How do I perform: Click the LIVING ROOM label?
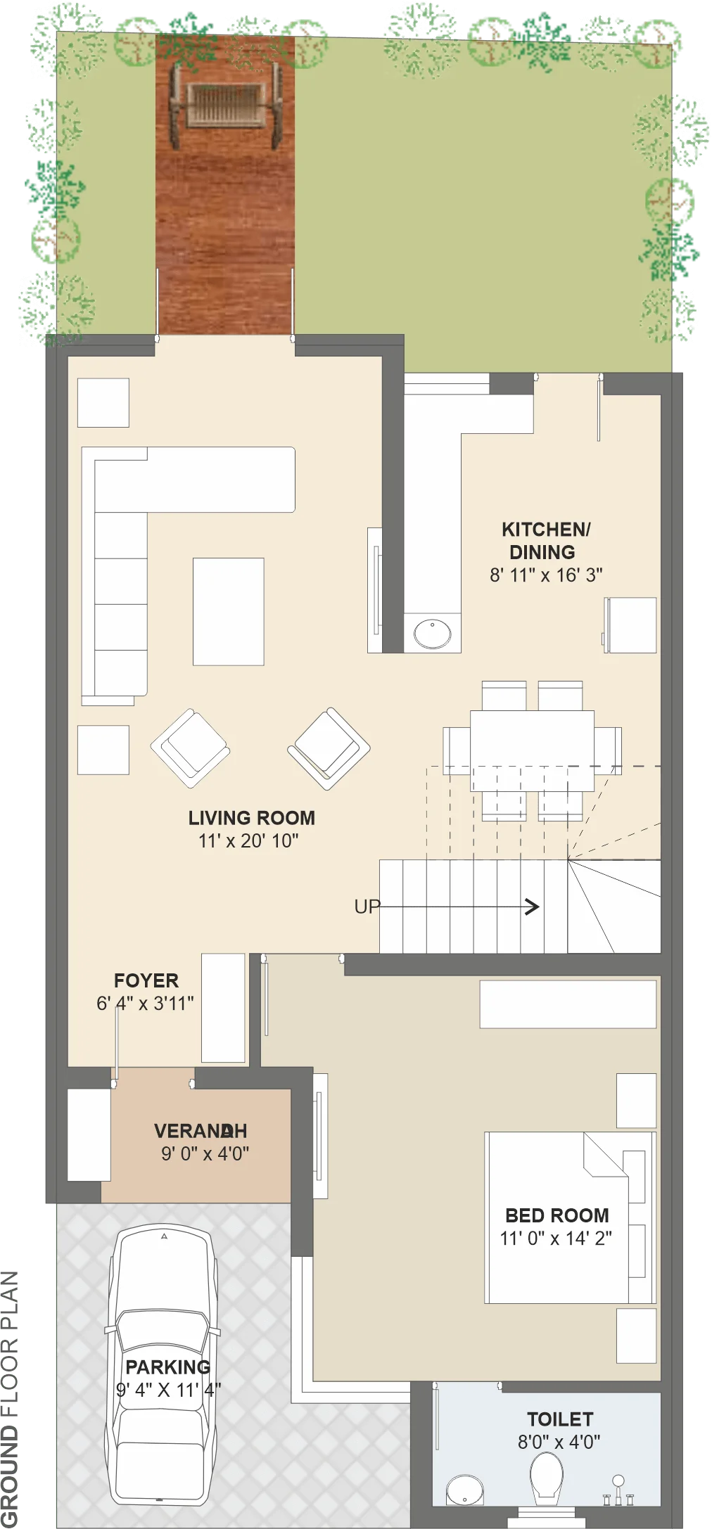pyautogui.click(x=251, y=818)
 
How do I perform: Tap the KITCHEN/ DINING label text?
pyautogui.click(x=545, y=541)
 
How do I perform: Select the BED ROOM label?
pyautogui.click(x=557, y=1215)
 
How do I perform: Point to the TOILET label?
pyautogui.click(x=560, y=1419)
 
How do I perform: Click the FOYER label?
pyautogui.click(x=146, y=980)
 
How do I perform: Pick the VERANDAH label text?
pyautogui.click(x=201, y=1131)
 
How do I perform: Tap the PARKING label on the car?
pyautogui.click(x=167, y=1367)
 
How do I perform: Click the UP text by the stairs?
pyautogui.click(x=367, y=907)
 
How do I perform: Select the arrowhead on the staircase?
pyautogui.click(x=533, y=907)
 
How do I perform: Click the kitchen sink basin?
pyautogui.click(x=432, y=633)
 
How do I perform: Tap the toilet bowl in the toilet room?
pyautogui.click(x=546, y=1477)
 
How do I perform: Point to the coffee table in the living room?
pyautogui.click(x=229, y=612)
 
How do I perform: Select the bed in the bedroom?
pyautogui.click(x=570, y=1217)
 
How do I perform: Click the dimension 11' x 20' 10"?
pyautogui.click(x=248, y=840)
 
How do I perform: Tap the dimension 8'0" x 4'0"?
pyautogui.click(x=559, y=1442)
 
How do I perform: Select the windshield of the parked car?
pyautogui.click(x=163, y=1329)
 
